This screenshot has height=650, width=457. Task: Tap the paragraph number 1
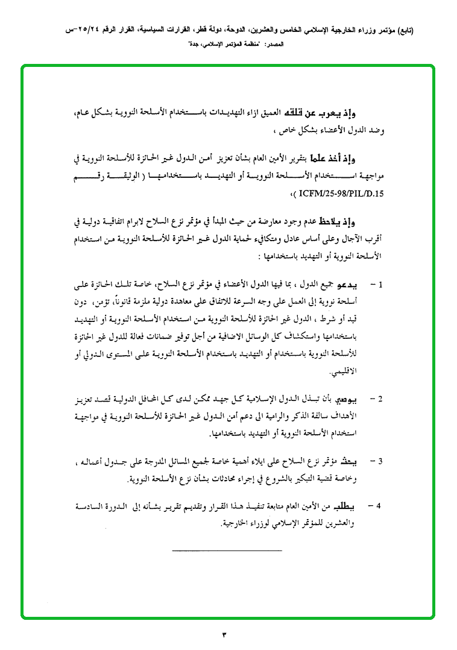tap(382, 284)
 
